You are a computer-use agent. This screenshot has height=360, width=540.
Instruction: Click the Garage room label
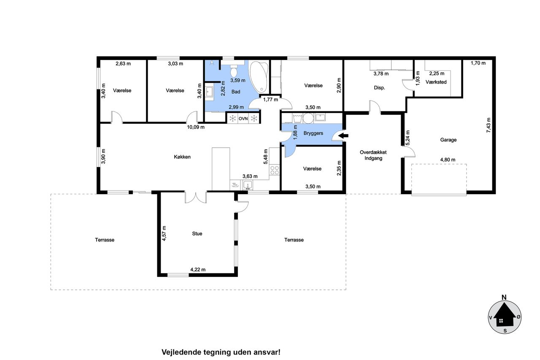[x=448, y=140]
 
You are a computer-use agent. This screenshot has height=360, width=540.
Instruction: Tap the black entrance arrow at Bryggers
[x=343, y=136]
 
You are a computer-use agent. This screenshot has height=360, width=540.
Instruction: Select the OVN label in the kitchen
[x=243, y=119]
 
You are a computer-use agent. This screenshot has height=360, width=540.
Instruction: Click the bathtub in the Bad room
[x=259, y=77]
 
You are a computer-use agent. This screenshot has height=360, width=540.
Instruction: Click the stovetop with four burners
[x=274, y=170]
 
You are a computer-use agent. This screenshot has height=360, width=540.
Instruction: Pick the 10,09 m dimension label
[x=195, y=127]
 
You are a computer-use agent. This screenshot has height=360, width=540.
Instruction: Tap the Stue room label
[x=197, y=234]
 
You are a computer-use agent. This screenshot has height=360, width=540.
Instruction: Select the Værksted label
[x=436, y=82]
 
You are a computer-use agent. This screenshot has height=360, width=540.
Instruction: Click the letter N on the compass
[x=504, y=298]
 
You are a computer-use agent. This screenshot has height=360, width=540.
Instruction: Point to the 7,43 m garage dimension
[x=489, y=125]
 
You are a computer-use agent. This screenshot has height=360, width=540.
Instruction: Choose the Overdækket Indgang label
[x=373, y=155]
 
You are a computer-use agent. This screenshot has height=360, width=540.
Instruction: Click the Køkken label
[x=182, y=157]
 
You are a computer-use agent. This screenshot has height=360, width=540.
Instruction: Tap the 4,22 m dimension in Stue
[x=198, y=270]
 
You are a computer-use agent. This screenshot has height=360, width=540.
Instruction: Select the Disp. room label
[x=379, y=88]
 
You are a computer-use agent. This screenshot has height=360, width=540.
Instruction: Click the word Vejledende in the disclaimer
[x=181, y=352]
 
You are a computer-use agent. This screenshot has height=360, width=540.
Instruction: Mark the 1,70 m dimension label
[x=478, y=63]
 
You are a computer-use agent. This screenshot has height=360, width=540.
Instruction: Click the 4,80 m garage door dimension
[x=448, y=160]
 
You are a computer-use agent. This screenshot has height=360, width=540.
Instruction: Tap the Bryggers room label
[x=313, y=133]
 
